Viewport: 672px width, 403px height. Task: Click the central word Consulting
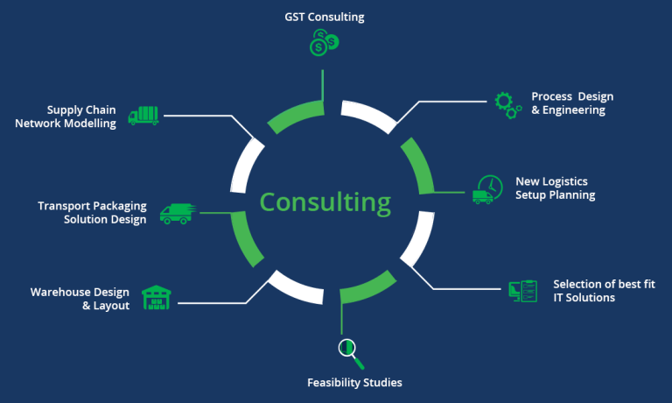pos(325,202)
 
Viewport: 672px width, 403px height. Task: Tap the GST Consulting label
pos(324,17)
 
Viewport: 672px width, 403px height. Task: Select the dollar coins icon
pos(324,42)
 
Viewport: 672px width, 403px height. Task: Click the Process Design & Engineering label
pos(572,103)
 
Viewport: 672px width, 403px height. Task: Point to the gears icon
pos(507,103)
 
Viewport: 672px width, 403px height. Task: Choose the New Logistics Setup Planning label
pos(555,188)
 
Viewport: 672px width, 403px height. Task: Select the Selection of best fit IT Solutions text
pos(604,291)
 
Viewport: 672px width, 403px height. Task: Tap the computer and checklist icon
pos(522,292)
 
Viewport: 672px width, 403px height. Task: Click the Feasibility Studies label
pos(354,383)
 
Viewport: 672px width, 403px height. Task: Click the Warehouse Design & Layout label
pos(80,299)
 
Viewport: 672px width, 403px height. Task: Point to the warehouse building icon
pos(157,298)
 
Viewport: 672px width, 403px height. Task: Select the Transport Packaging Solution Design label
pos(92,213)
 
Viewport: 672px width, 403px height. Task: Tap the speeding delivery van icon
pos(178,212)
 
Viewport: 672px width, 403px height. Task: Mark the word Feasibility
pos(332,383)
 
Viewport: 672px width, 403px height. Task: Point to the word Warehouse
pos(64,292)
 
